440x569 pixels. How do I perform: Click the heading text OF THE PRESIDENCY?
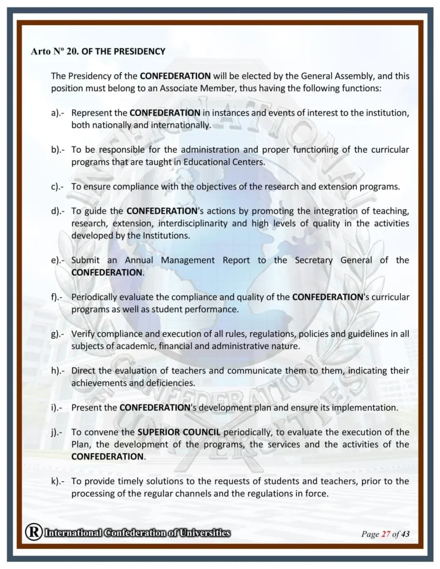[123, 52]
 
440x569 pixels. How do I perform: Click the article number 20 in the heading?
[75, 52]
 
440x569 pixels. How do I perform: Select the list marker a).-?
[58, 113]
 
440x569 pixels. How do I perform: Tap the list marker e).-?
[58, 260]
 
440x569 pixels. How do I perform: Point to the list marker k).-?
[58, 481]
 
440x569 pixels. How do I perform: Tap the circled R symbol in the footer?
[33, 533]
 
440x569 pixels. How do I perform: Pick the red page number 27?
[385, 535]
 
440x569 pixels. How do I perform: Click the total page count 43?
[405, 535]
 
